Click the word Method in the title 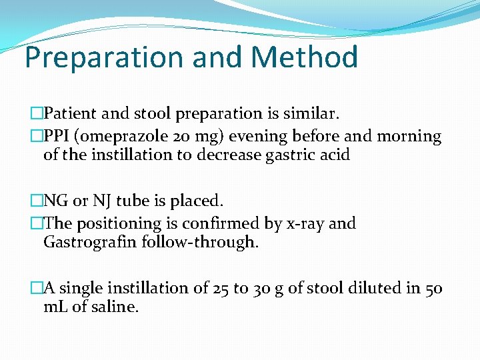[x=305, y=57]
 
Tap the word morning [x=409, y=137]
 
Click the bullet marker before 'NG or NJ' [x=37, y=201]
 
